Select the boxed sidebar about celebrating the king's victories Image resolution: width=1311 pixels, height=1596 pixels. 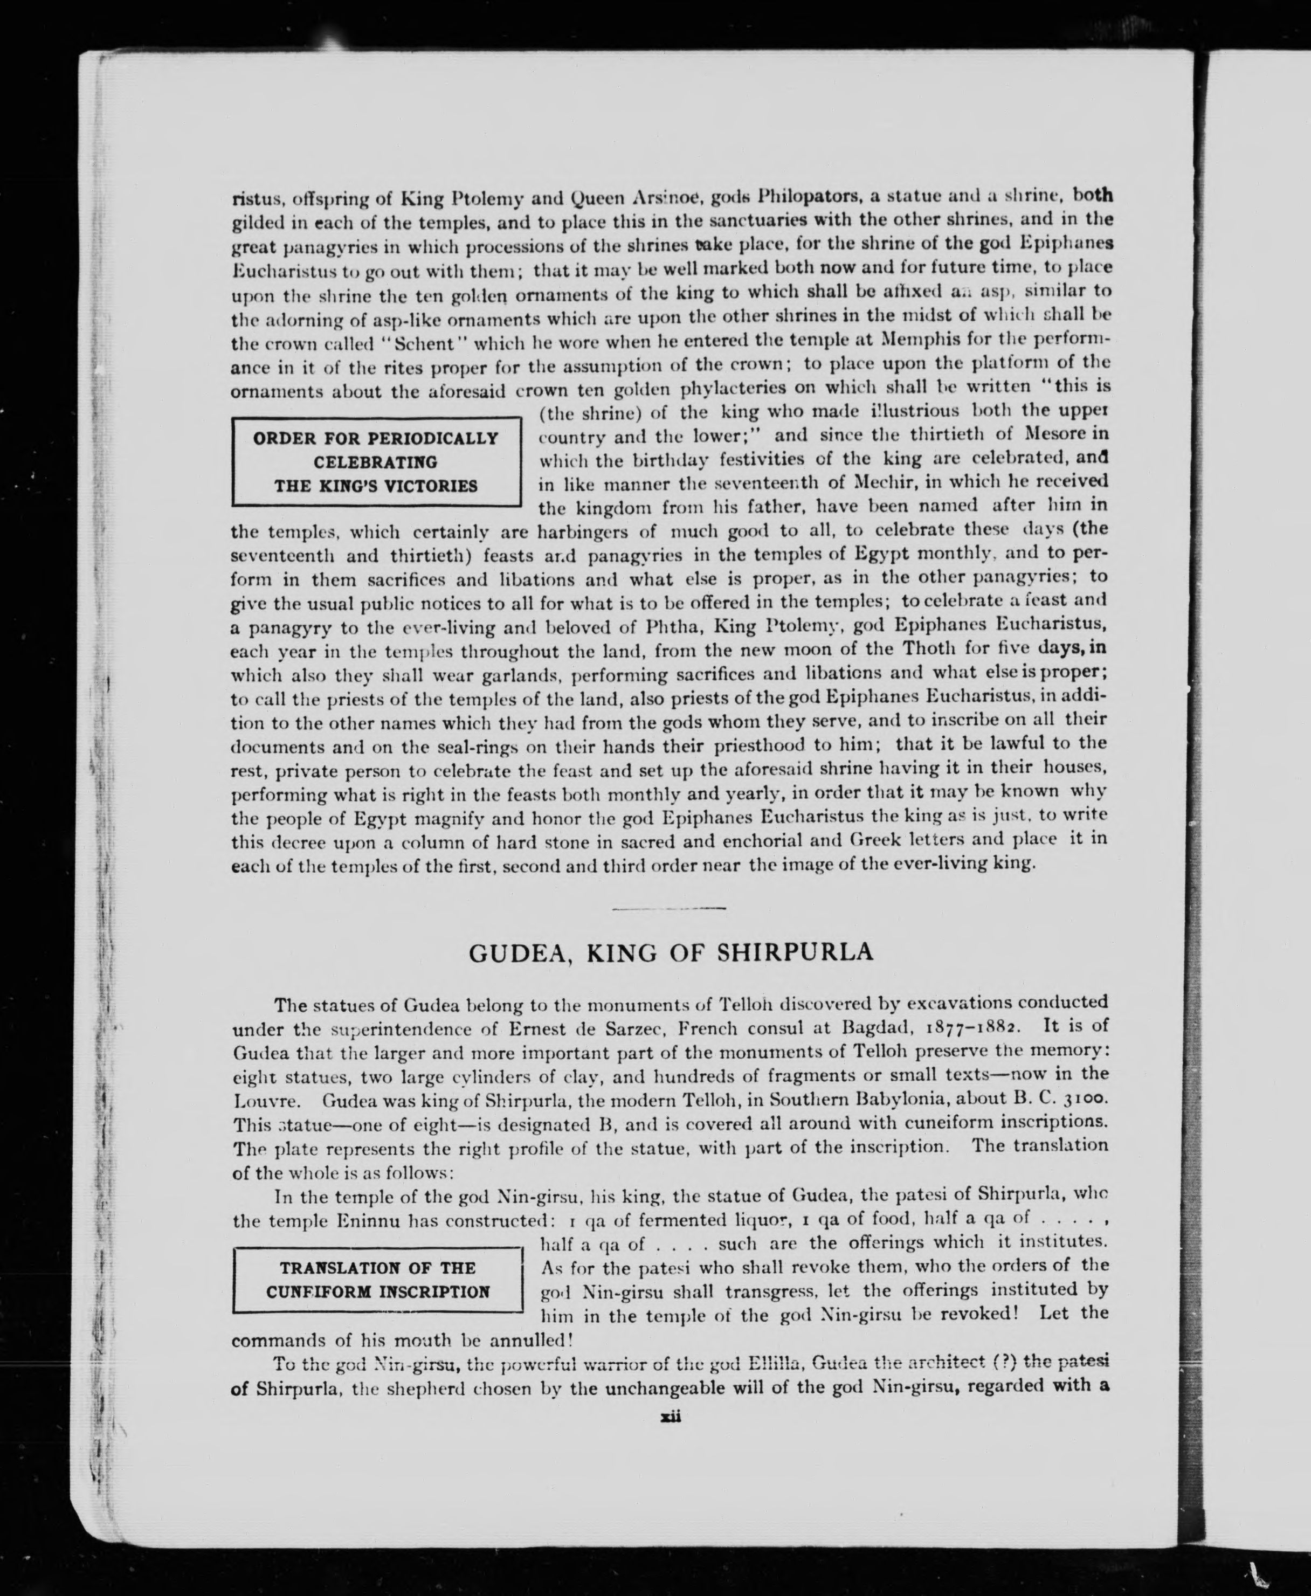(x=376, y=462)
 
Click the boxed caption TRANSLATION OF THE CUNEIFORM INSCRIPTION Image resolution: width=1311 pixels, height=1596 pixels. (x=377, y=1279)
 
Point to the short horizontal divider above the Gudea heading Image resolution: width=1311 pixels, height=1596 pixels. (x=669, y=908)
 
